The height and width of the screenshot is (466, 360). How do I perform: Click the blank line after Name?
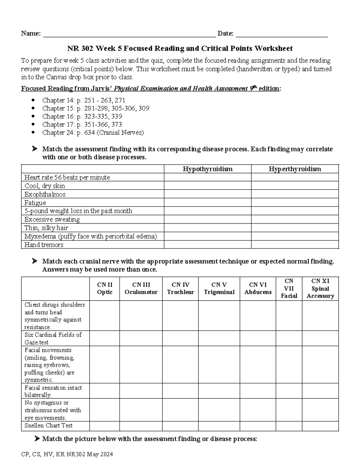point(130,34)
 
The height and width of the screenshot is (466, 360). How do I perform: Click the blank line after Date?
point(282,34)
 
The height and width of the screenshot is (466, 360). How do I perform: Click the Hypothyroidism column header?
point(208,169)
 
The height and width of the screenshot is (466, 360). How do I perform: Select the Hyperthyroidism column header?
point(295,169)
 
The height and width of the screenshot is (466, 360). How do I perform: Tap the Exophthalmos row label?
point(45,194)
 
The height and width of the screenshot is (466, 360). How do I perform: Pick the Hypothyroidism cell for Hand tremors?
point(208,245)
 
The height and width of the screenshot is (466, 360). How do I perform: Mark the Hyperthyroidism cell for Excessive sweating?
point(295,219)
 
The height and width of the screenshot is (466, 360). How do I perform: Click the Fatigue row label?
point(35,203)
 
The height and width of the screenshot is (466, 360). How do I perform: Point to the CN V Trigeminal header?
point(219,288)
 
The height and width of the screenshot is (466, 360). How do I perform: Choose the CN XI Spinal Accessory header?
point(320,288)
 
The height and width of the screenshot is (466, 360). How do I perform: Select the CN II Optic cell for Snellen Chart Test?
point(104,425)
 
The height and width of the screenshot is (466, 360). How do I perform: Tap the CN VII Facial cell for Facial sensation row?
point(289,391)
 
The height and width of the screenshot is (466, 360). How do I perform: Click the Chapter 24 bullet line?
point(93,132)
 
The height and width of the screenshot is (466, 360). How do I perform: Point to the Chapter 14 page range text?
point(101,100)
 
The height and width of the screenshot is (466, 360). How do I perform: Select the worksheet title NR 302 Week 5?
point(180,48)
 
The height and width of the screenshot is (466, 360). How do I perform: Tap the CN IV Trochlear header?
point(180,288)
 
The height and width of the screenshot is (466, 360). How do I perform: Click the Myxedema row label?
point(91,236)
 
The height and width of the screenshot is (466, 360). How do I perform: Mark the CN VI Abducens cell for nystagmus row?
point(258,410)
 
